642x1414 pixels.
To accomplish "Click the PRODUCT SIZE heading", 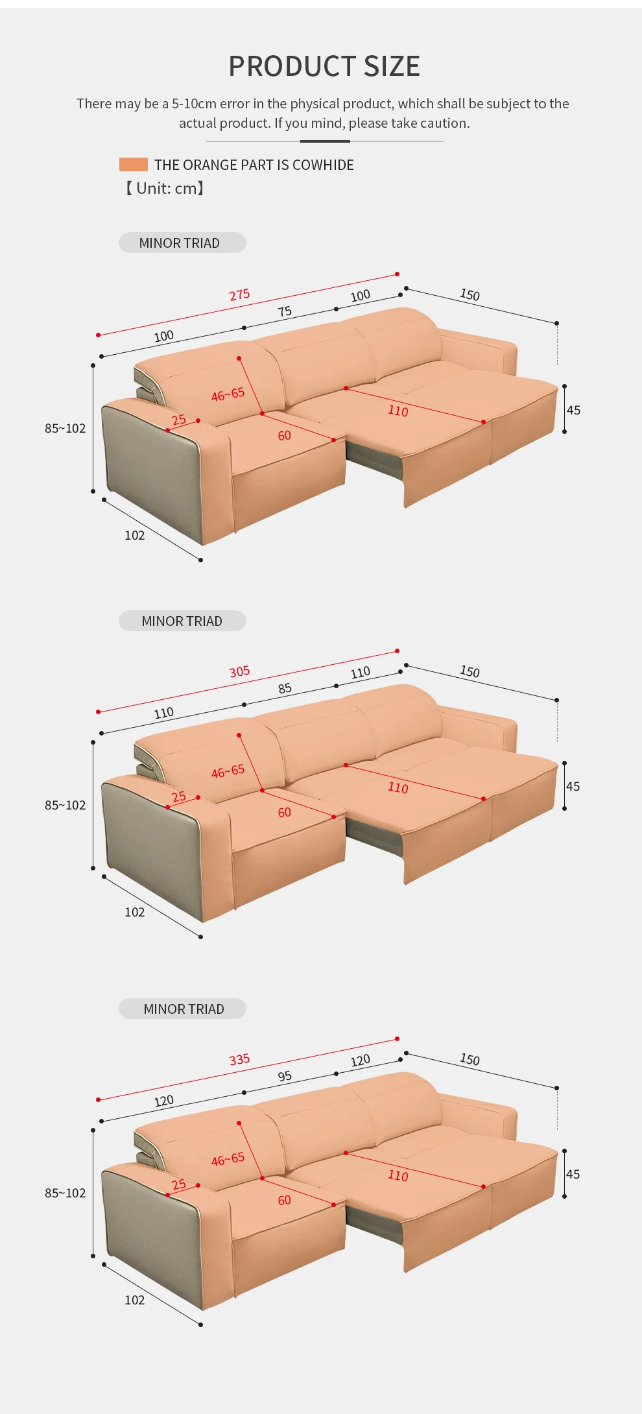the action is [324, 66].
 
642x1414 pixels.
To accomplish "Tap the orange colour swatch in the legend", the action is [134, 165].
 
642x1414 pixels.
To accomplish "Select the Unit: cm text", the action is [165, 189].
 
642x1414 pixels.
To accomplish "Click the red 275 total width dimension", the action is [239, 294].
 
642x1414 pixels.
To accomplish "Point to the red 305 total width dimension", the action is [239, 671].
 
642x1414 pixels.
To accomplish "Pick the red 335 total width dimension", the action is [239, 1059].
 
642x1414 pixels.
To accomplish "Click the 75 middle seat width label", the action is [285, 311].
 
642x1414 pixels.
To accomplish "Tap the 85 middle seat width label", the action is [285, 688].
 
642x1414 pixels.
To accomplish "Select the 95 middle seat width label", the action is [285, 1076].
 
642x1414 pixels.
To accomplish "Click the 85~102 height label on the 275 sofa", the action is [65, 428].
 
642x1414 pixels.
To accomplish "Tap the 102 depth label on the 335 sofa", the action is [134, 1300].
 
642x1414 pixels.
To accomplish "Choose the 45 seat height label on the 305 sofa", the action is [573, 786].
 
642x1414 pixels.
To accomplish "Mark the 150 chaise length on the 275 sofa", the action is [470, 294].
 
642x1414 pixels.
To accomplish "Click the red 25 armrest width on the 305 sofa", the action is [179, 797].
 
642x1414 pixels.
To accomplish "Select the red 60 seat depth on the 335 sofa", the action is [284, 1200].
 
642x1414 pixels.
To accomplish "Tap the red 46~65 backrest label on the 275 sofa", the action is [228, 394].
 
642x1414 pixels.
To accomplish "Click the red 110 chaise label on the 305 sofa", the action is [398, 787].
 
